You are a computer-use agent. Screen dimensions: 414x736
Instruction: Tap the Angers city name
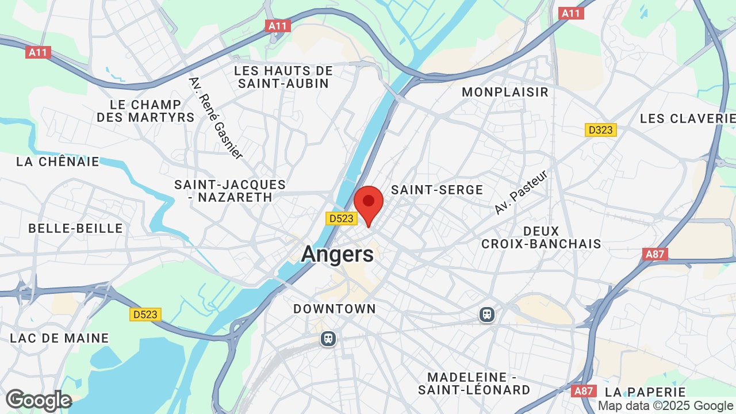pos(338,254)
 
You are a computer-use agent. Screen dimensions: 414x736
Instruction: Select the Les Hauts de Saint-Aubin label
pos(284,77)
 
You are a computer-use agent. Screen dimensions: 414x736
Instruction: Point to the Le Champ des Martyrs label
pos(145,111)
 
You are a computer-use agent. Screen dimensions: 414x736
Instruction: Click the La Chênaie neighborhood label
pos(58,162)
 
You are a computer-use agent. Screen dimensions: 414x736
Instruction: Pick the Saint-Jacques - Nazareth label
pos(230,191)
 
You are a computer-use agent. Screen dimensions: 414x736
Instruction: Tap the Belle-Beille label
pos(76,228)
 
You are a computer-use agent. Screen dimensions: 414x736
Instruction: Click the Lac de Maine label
pos(59,338)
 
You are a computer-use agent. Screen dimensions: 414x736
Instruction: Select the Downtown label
pos(335,309)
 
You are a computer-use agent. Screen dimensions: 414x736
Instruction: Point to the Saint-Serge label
pos(437,190)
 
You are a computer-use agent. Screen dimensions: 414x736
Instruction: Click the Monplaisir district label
pos(505,92)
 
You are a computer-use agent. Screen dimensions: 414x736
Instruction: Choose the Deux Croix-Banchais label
pos(541,237)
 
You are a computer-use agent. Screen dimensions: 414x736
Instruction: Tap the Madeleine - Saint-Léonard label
pos(474,384)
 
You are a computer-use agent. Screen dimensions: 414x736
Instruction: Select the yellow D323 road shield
pos(601,130)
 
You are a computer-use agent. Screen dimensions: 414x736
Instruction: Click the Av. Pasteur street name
pos(522,191)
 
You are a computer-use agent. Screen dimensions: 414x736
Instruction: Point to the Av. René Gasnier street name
pos(216,118)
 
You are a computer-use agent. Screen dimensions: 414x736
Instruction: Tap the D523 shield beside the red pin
pos(342,218)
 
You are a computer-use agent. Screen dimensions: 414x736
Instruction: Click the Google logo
pos(39,400)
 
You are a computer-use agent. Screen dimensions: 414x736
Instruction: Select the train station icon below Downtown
pos(328,339)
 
